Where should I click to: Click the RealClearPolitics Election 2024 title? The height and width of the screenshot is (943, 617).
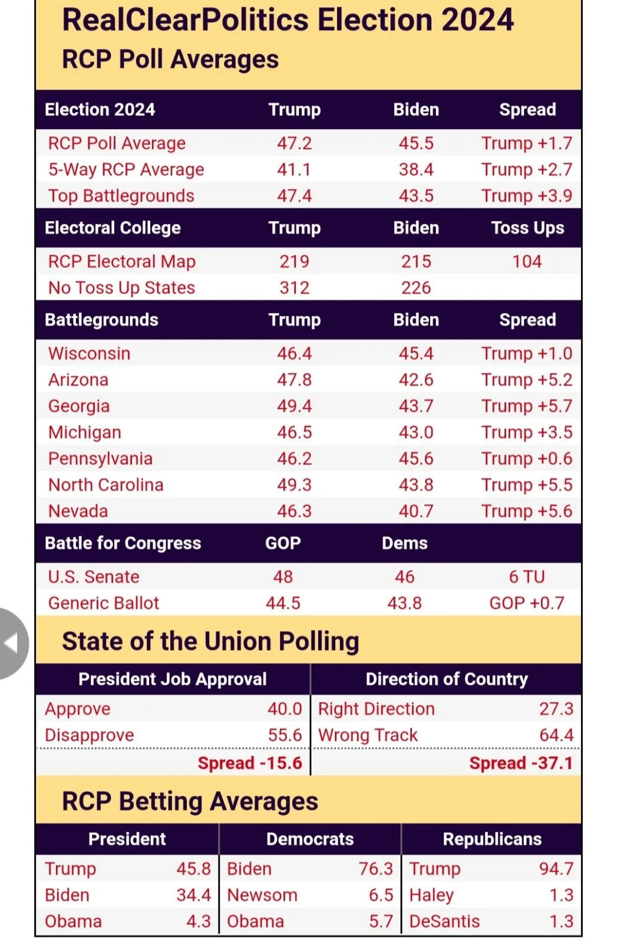288,20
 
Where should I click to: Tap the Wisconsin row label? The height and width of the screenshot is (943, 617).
89,354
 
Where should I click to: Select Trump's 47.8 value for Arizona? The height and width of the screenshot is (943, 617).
295,380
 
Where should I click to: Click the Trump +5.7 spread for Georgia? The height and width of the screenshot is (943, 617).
526,406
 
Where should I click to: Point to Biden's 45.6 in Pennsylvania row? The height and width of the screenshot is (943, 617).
416,459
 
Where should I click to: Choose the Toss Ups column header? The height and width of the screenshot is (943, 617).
527,228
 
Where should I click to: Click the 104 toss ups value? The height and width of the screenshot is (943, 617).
527,262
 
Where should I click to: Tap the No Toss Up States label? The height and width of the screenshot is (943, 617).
121,288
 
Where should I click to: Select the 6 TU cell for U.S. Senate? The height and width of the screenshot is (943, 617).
527,577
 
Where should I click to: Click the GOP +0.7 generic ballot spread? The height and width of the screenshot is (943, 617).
527,603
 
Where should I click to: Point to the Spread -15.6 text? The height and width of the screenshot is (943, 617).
250,763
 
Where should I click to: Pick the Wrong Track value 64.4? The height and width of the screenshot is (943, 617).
556,736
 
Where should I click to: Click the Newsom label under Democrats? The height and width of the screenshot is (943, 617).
262,895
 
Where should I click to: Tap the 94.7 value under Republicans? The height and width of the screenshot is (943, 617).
556,869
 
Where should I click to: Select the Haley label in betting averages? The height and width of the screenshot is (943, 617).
431,895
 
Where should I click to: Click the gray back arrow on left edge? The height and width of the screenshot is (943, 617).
11,644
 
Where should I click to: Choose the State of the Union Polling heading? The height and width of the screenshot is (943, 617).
210,641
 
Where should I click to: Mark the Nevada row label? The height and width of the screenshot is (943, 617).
78,511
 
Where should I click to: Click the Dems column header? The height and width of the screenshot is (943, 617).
404,543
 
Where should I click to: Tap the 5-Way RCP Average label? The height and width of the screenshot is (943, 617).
126,170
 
